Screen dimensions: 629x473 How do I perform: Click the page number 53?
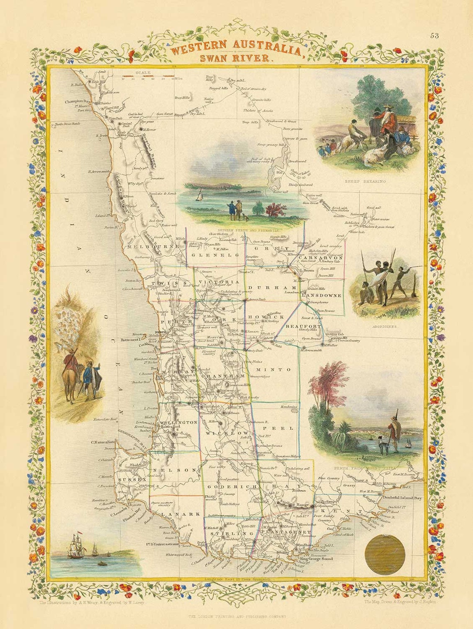click(x=434, y=36)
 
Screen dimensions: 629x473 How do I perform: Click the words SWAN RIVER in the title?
click(x=234, y=58)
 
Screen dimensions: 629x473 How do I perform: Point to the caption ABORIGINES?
click(x=385, y=327)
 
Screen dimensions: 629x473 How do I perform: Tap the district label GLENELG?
click(x=214, y=255)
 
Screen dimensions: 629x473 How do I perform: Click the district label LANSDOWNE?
click(x=322, y=296)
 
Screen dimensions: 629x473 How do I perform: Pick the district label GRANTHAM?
click(x=223, y=376)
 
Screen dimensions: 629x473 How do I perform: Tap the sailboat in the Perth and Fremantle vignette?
click(x=200, y=195)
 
